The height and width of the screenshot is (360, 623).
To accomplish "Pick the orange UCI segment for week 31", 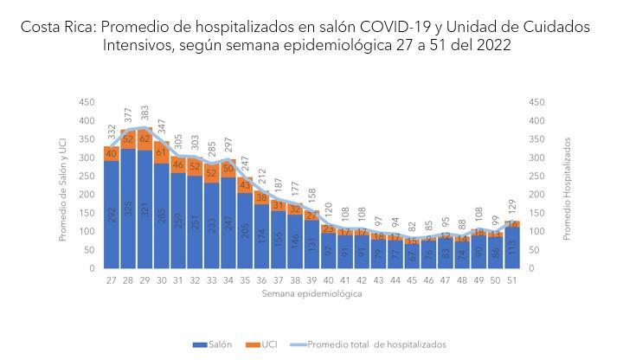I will (x=178, y=164).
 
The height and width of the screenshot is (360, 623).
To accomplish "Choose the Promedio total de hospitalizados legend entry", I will (x=372, y=344).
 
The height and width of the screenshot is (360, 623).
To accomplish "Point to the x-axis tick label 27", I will (x=112, y=280).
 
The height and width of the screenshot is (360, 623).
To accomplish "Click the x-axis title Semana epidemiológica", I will (x=311, y=294).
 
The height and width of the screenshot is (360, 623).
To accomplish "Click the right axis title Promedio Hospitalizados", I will (x=568, y=185).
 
